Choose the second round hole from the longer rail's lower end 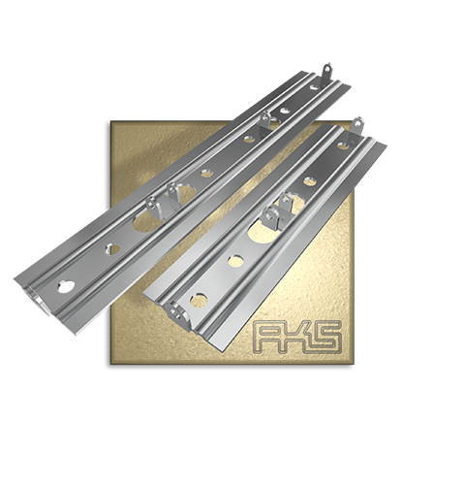[112, 248]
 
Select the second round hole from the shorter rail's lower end [235, 261]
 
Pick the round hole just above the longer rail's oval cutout [205, 174]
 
